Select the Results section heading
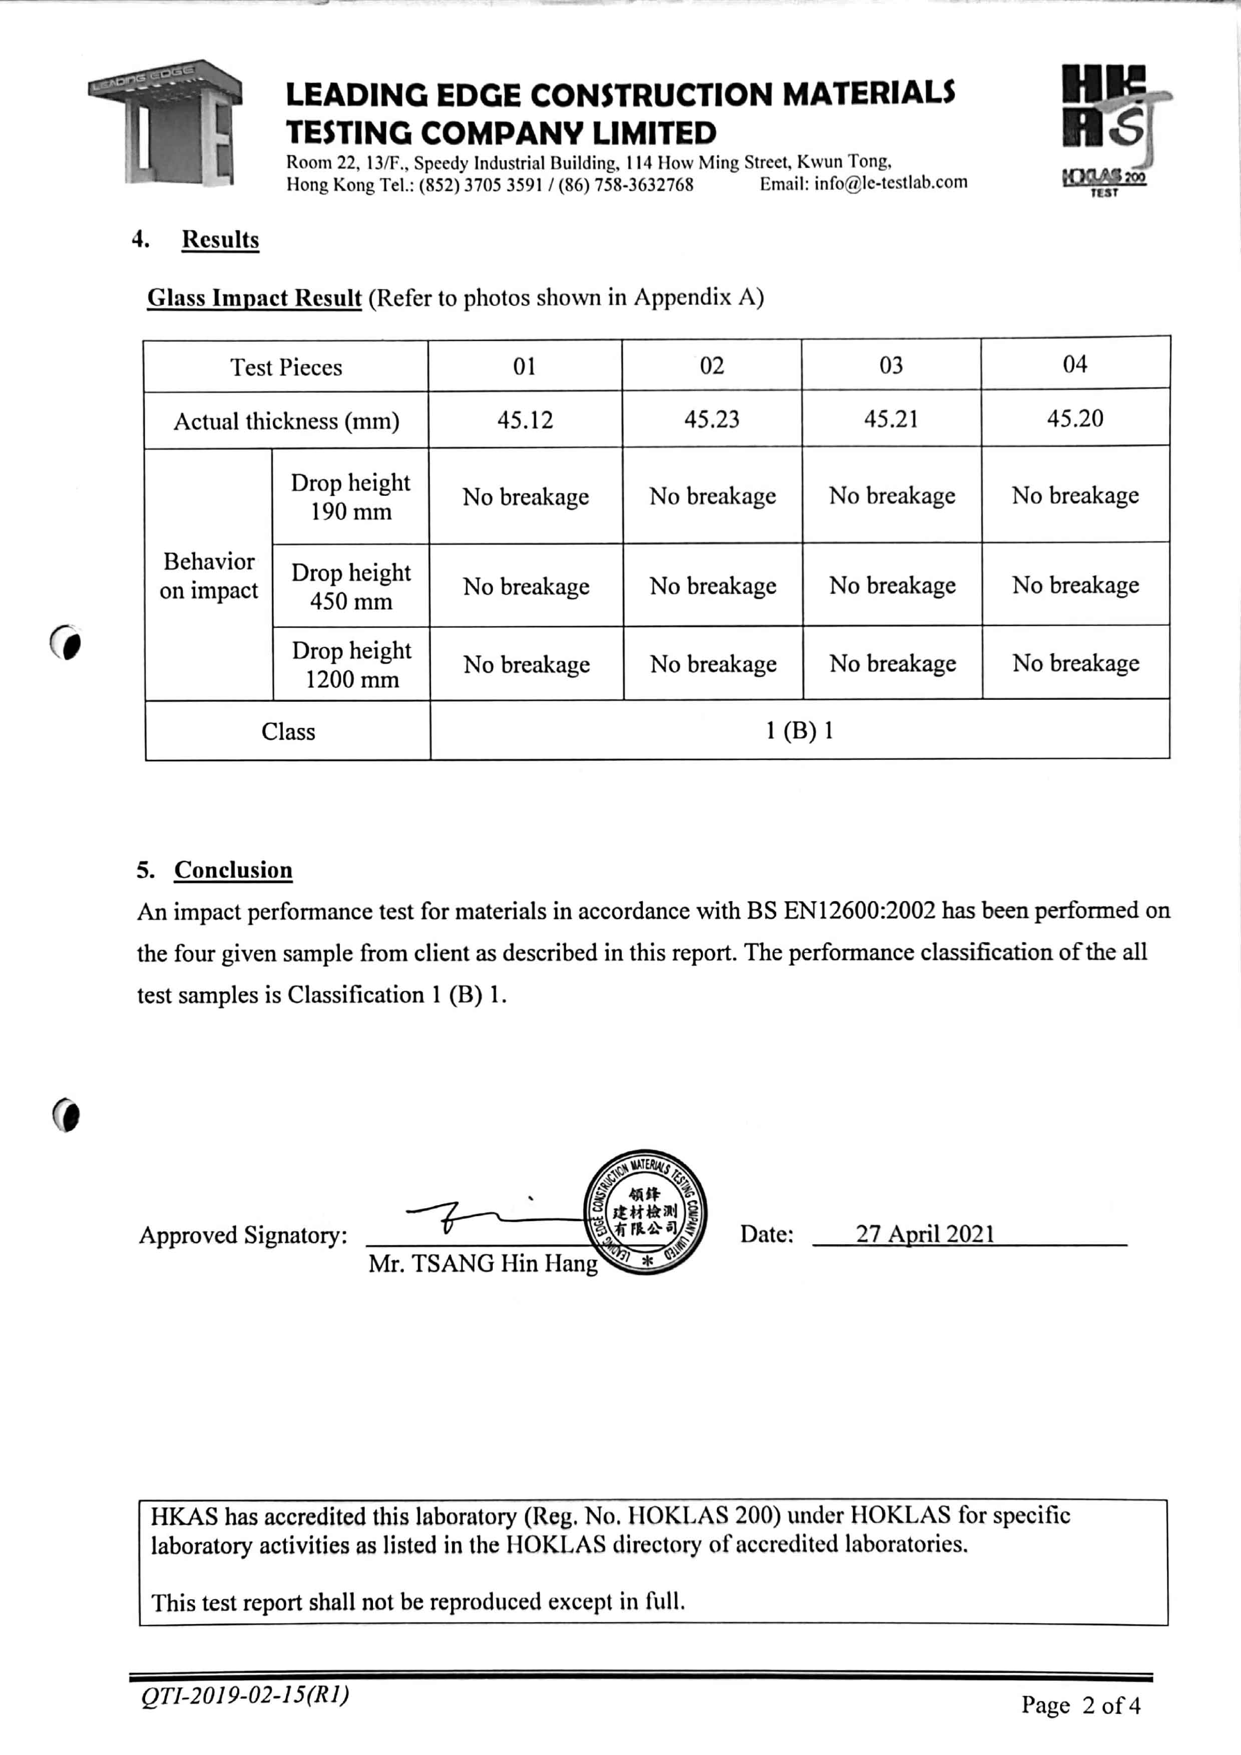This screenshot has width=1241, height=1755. [x=220, y=240]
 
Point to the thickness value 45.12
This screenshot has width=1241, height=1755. [x=525, y=420]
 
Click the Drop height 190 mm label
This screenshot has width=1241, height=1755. [x=350, y=497]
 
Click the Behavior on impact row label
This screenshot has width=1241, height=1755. [x=209, y=575]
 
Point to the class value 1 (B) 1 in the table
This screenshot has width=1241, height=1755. [x=799, y=731]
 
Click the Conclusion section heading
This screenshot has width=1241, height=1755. [x=233, y=870]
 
